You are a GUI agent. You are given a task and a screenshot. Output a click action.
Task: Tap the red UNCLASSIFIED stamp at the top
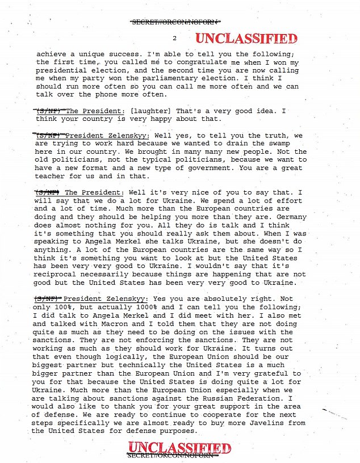pyautogui.click(x=246, y=39)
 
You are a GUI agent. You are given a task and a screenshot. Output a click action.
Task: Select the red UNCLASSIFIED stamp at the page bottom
pyautogui.click(x=179, y=449)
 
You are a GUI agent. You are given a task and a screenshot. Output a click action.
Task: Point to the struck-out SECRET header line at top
pyautogui.click(x=174, y=22)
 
